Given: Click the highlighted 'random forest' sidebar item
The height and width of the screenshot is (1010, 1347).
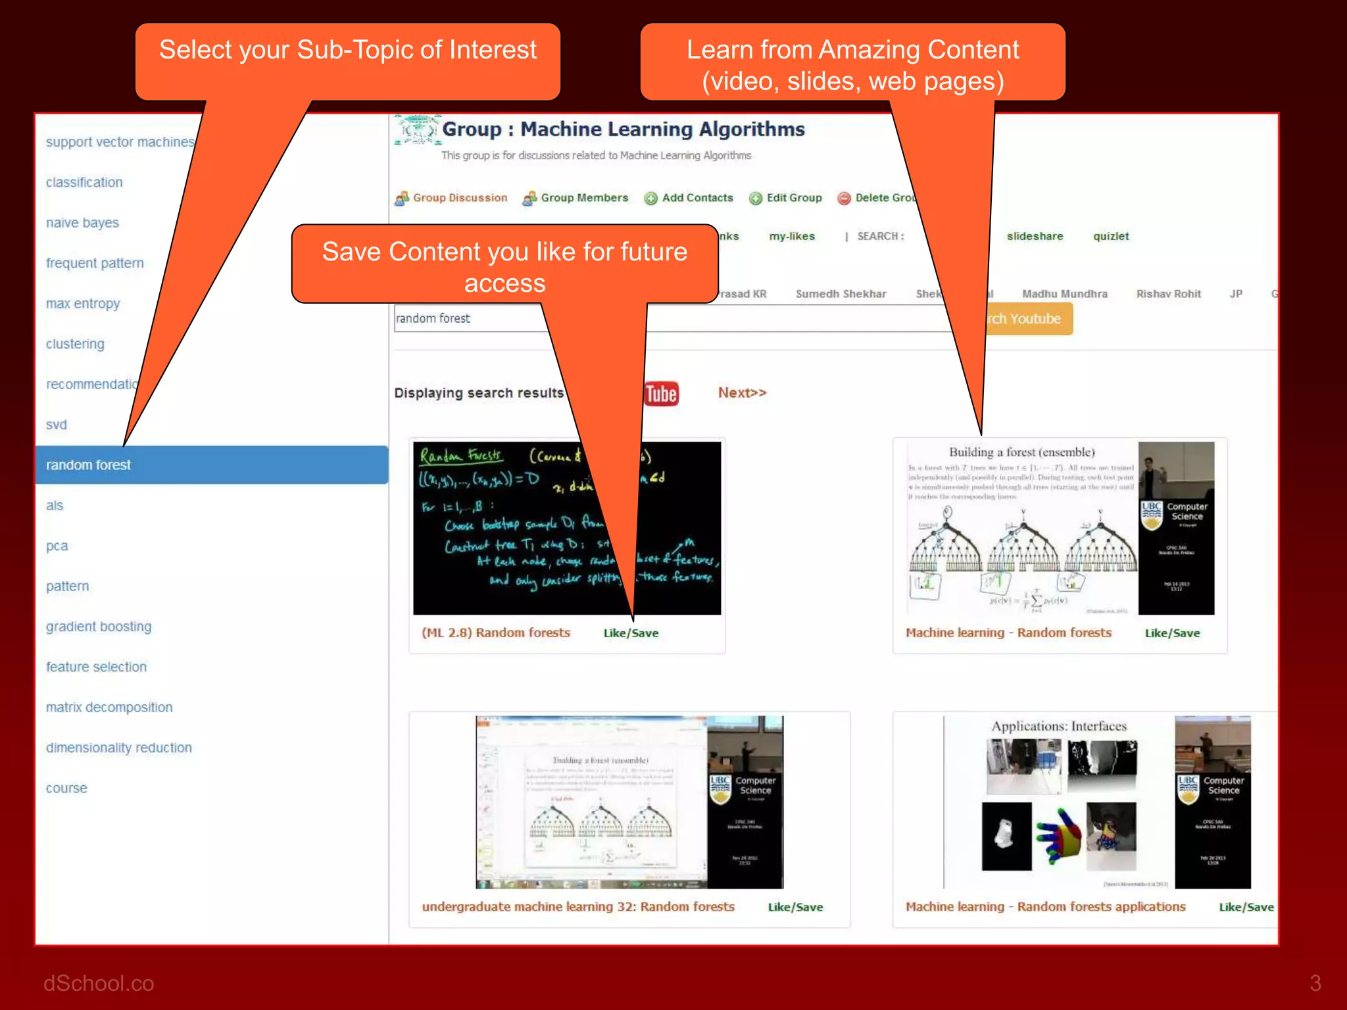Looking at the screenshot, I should [89, 465].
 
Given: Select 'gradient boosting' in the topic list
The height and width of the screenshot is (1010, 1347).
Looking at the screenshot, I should [99, 627].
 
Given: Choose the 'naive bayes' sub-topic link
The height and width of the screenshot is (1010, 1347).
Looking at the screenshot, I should [82, 223].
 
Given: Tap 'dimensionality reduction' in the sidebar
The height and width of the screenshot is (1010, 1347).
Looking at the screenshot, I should [119, 748].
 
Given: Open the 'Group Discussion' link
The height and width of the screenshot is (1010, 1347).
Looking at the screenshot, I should [460, 198].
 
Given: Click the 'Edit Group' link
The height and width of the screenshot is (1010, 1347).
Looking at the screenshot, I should [794, 198].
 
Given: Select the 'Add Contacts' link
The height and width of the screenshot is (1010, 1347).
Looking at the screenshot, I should [697, 198].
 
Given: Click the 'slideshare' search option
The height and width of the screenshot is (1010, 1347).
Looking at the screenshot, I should [1035, 236].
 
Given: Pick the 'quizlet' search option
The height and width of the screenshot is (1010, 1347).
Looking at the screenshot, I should [1111, 236].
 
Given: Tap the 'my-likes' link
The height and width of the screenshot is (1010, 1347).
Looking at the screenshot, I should [792, 236].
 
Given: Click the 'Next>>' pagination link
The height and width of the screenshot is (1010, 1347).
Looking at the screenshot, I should [742, 393].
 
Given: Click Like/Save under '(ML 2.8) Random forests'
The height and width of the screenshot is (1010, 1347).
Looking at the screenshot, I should [631, 633].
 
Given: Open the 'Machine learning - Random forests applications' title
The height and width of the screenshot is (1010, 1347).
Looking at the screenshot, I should [1045, 907].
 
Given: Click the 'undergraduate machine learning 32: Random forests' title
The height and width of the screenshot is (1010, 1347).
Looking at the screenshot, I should [578, 907].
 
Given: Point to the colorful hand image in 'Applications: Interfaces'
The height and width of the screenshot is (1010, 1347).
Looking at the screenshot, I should [1058, 834].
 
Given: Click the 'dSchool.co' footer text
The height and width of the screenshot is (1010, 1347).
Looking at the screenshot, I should [99, 983].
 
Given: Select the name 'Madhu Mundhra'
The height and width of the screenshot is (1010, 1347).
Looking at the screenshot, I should [1064, 294].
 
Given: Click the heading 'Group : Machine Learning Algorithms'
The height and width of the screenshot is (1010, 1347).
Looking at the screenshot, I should [623, 130].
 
